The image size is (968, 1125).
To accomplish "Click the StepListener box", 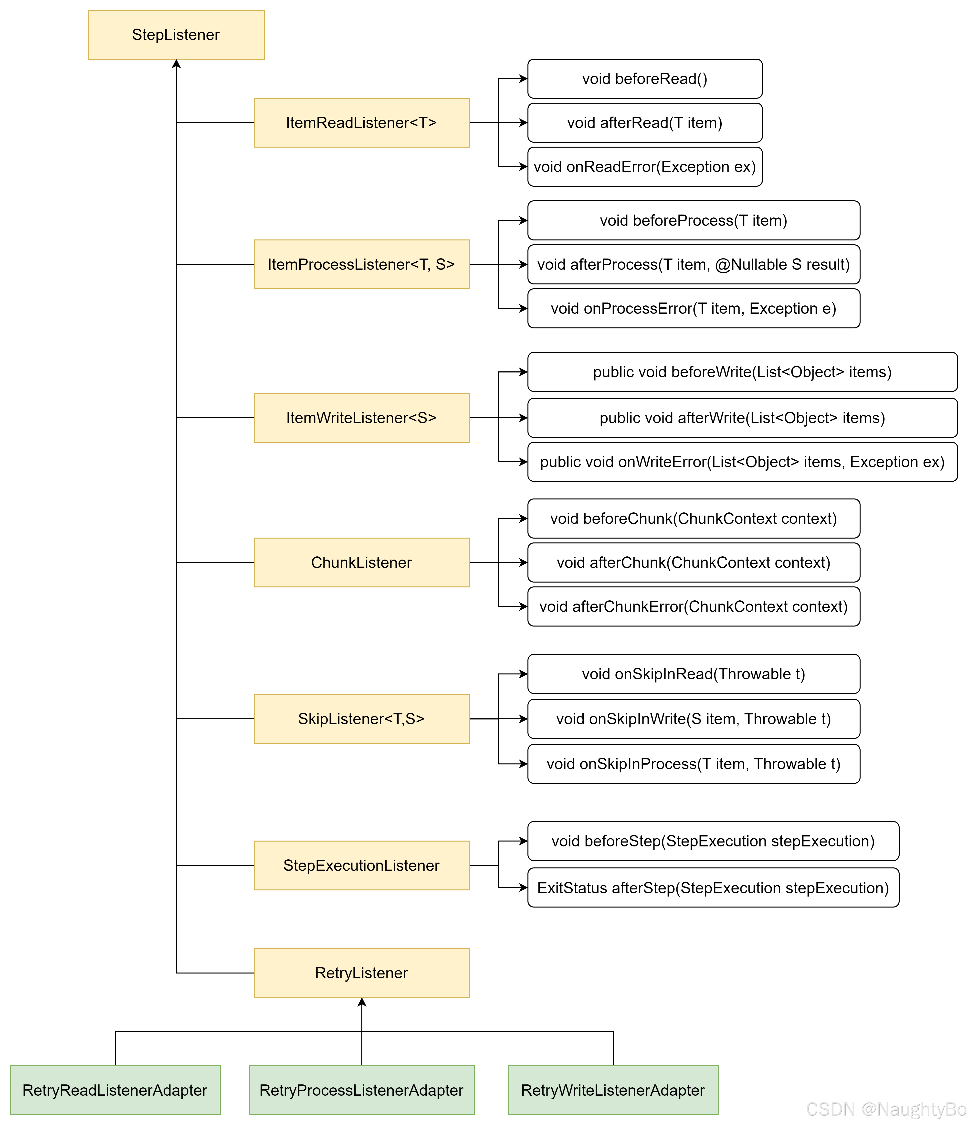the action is click(x=176, y=35).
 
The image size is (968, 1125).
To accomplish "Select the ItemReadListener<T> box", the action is click(x=361, y=123).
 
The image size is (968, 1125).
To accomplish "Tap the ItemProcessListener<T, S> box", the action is click(x=361, y=264).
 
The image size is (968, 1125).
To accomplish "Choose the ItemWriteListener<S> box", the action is click(x=361, y=418).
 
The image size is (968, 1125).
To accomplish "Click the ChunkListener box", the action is click(x=361, y=562).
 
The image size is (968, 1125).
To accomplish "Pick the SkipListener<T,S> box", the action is click(x=361, y=719).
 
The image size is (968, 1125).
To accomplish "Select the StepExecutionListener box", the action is click(x=361, y=865).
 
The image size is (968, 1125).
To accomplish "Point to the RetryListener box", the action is click(x=361, y=973).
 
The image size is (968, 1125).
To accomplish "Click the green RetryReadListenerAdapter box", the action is click(x=115, y=1090).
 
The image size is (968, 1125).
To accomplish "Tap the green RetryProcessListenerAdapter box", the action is click(x=361, y=1090).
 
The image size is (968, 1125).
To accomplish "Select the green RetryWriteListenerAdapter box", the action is click(x=613, y=1090).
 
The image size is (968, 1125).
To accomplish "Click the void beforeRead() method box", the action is click(x=645, y=79).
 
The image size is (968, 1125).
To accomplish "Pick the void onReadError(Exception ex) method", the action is click(x=645, y=167).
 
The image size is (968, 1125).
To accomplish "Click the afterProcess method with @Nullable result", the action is click(x=694, y=264).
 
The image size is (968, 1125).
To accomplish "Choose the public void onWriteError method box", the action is click(x=742, y=462).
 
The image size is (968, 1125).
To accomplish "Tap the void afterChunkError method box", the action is click(x=694, y=606).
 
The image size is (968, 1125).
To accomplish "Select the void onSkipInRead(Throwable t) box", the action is click(x=694, y=674).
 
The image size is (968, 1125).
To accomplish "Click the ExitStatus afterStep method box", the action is click(x=713, y=888).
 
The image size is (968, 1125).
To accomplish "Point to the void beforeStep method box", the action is click(x=713, y=841).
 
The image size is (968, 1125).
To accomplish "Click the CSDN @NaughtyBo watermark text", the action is click(x=885, y=1109).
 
